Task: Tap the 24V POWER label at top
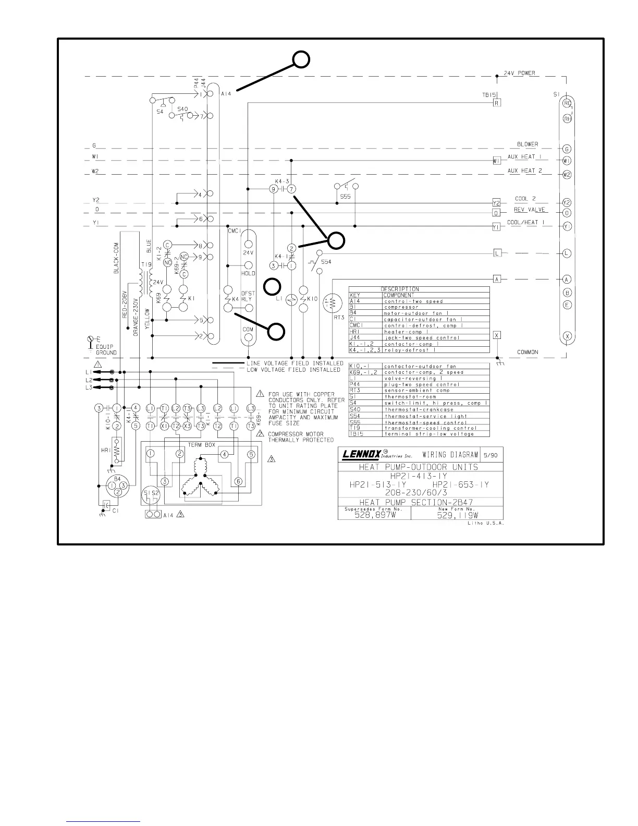[x=519, y=74]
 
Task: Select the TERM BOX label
[x=202, y=445]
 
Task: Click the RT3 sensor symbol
[x=328, y=302]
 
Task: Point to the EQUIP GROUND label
[x=106, y=349]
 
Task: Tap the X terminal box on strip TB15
[x=497, y=335]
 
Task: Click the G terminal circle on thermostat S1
[x=567, y=149]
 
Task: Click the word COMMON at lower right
[x=527, y=352]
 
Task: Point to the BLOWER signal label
[x=527, y=144]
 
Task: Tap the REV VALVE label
[x=530, y=210]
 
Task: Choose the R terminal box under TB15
[x=497, y=103]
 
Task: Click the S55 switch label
[x=345, y=197]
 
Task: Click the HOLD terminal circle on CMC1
[x=249, y=265]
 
